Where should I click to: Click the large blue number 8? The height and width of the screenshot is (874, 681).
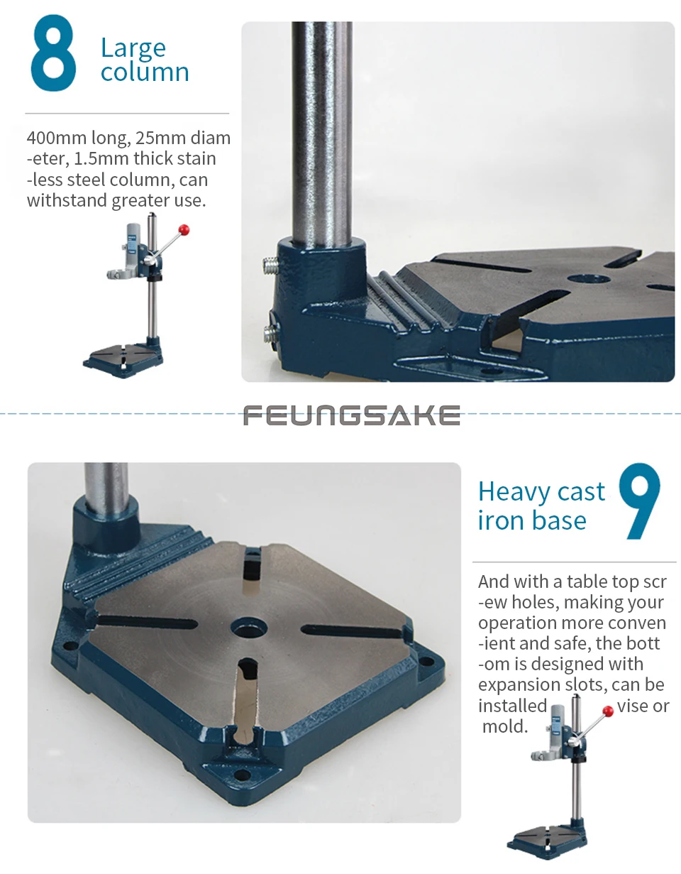click(53, 53)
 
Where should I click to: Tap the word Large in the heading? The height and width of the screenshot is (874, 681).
click(133, 49)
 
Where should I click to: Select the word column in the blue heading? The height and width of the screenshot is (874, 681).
click(145, 72)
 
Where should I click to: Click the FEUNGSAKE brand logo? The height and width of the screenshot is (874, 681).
click(352, 415)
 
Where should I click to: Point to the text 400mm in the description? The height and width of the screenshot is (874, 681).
click(57, 138)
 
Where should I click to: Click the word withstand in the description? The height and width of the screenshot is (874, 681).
click(67, 200)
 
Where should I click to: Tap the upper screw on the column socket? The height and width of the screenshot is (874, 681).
click(271, 266)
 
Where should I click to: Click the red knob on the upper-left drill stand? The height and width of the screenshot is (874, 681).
click(184, 230)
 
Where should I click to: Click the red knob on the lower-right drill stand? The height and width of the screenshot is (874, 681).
click(608, 711)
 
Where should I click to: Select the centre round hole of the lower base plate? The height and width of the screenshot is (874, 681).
click(249, 628)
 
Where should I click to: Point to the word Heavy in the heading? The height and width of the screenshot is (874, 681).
click(512, 492)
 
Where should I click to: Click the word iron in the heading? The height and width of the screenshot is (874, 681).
click(500, 520)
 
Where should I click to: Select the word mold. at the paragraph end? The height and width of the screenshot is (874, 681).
click(504, 726)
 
